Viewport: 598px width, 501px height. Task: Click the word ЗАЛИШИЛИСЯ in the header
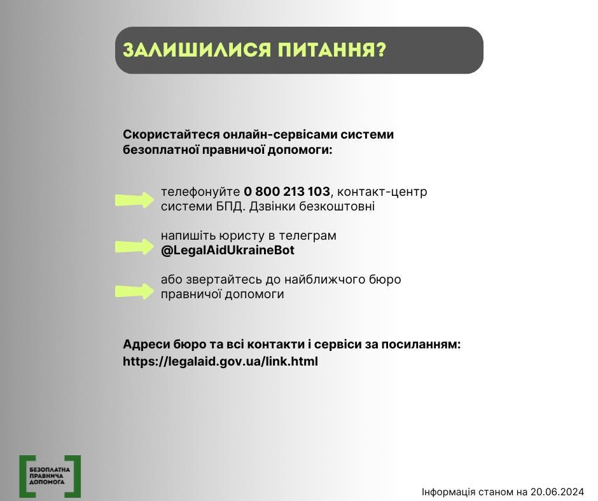197,50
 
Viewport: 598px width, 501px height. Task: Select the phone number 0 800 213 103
287,191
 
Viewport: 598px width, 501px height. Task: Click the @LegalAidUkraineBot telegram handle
228,250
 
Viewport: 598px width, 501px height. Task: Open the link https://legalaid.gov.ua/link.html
221,361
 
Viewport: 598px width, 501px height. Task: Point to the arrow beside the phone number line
134,200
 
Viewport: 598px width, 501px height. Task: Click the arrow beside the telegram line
134,247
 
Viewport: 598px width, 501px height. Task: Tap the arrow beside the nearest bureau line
134,291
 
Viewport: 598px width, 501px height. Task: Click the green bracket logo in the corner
50,476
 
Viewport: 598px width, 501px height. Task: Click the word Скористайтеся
171,135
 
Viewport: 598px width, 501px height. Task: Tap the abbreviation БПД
227,206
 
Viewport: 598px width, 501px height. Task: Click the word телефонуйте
200,191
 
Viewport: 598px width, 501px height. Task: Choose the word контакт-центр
382,191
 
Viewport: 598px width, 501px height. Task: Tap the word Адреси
146,345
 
